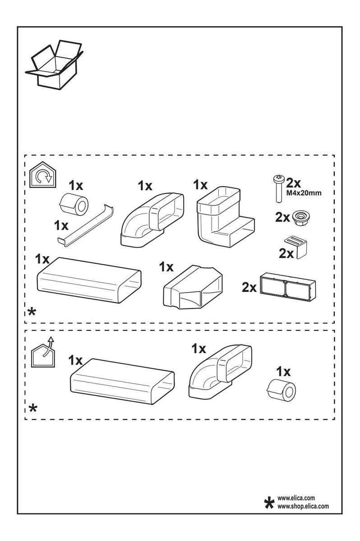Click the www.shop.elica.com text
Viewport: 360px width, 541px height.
(303, 506)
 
